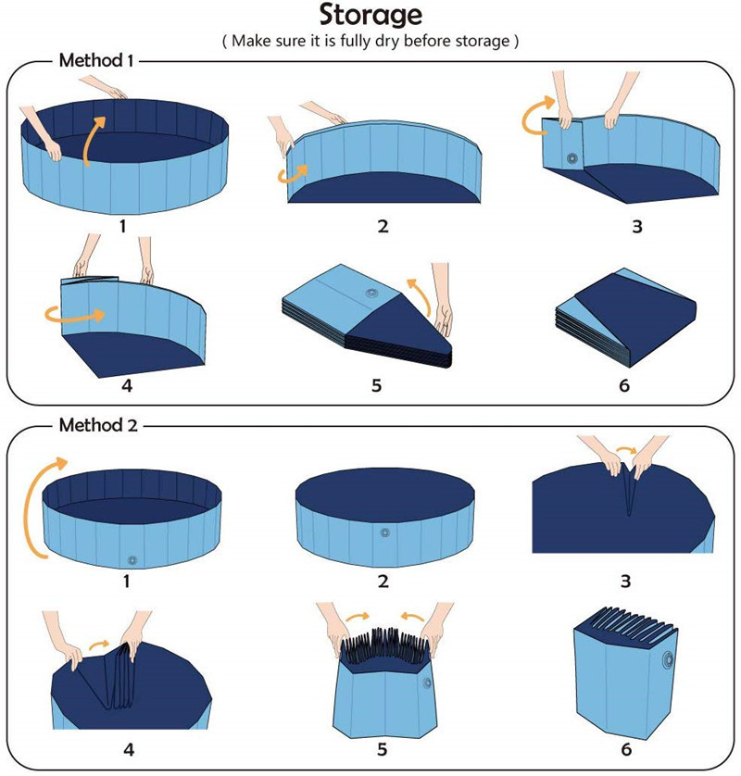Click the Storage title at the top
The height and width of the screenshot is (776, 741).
(x=370, y=16)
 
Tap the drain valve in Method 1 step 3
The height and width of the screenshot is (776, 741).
(x=571, y=158)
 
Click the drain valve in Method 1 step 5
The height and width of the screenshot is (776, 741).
(x=374, y=294)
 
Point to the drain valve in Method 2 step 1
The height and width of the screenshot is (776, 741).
(x=132, y=560)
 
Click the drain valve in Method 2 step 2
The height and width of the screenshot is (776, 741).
(x=385, y=533)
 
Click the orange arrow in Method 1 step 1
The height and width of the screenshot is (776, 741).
(x=90, y=139)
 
